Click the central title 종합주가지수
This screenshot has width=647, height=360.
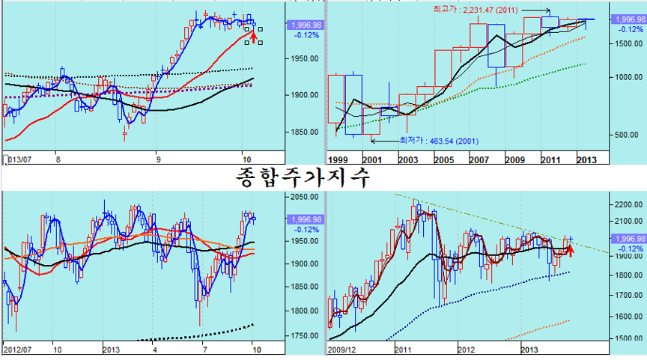303,177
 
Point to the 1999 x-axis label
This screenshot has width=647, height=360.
339,159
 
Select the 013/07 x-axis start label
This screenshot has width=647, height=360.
19,159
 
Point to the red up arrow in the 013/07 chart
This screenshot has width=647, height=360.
253,34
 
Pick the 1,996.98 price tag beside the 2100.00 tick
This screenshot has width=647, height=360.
626,238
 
